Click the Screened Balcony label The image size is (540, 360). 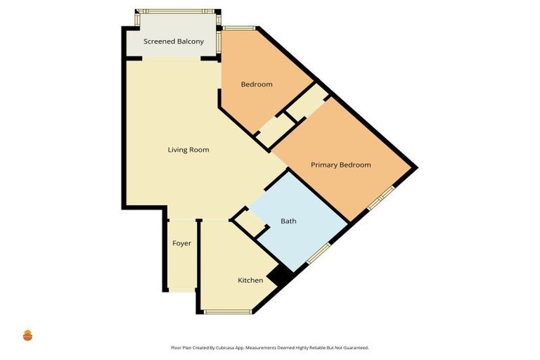click(x=174, y=41)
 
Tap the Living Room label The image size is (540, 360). click(x=188, y=150)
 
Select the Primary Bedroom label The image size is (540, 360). click(x=340, y=165)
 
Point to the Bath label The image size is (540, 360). click(x=288, y=221)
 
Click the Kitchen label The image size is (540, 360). click(x=250, y=281)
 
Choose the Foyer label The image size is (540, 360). click(x=181, y=243)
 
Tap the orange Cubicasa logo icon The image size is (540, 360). click(x=28, y=335)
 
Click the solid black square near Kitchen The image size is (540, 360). click(x=281, y=276)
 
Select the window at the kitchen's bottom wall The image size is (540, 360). click(x=227, y=311)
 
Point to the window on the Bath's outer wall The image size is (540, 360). click(x=319, y=253)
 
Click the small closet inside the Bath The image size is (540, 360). click(x=249, y=224)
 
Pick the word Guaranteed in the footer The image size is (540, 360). click(x=354, y=347)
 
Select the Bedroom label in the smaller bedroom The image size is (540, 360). click(x=257, y=84)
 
